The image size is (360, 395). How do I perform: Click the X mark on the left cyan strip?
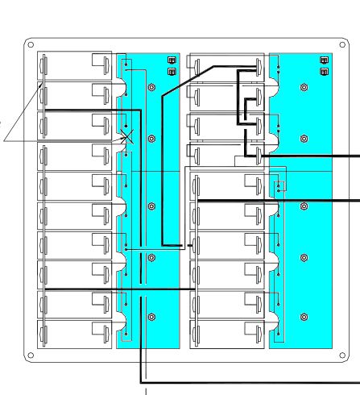click(x=126, y=138)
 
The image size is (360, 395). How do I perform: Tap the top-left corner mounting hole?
click(x=30, y=44)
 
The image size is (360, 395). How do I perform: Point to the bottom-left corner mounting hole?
click(x=30, y=355)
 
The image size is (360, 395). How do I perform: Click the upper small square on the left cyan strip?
click(x=170, y=60)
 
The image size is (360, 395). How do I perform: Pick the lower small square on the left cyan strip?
click(x=170, y=71)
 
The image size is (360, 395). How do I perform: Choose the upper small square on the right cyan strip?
click(x=324, y=60)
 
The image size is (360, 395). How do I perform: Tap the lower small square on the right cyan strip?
click(x=324, y=71)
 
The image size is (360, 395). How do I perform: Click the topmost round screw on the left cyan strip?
click(x=151, y=88)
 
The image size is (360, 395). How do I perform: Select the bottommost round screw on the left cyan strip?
click(x=151, y=317)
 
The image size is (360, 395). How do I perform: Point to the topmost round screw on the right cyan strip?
click(x=304, y=88)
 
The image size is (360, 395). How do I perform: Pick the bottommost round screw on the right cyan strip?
click(x=304, y=317)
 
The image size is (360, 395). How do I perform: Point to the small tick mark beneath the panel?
click(x=146, y=391)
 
